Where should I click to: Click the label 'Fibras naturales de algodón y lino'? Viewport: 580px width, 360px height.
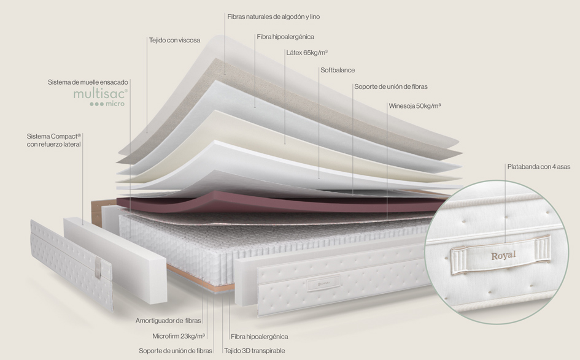(x=273, y=17)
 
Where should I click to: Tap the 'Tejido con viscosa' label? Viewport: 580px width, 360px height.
(x=174, y=40)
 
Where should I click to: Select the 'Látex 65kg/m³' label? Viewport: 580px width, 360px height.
(x=306, y=53)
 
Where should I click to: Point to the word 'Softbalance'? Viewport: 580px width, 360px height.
(x=338, y=71)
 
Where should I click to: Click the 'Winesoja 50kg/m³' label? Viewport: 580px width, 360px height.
(x=415, y=106)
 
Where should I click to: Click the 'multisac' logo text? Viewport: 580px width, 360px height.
(x=100, y=93)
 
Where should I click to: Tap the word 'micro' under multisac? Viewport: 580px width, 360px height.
(x=115, y=104)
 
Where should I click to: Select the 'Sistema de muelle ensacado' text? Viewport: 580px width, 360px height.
(x=88, y=82)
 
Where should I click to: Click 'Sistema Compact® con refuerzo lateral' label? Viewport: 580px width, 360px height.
(x=54, y=140)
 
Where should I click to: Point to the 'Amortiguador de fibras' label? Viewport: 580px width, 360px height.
(x=168, y=321)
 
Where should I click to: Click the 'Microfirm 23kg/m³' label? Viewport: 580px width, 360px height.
(x=179, y=336)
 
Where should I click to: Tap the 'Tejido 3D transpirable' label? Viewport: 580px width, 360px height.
(x=254, y=351)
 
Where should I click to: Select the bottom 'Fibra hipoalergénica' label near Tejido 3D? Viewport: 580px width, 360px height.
(x=259, y=337)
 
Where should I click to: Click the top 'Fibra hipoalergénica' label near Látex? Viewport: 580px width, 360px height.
(x=285, y=37)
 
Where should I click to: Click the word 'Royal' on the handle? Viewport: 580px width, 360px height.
(x=503, y=256)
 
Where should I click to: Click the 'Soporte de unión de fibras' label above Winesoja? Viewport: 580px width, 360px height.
(x=390, y=86)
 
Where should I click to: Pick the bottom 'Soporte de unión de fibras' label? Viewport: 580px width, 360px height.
(x=176, y=351)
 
